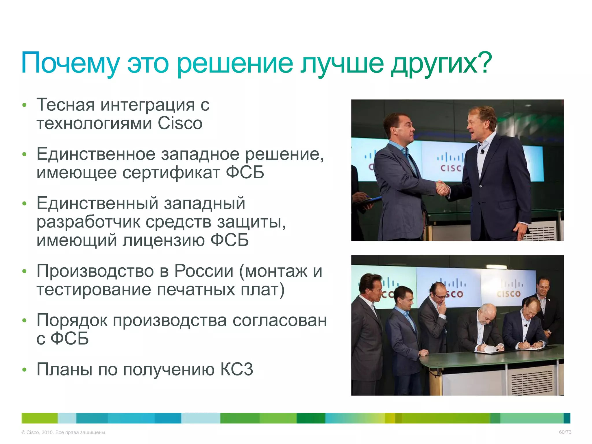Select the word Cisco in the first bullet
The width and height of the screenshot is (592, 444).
coord(180,123)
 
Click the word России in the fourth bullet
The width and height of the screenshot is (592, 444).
coord(204,271)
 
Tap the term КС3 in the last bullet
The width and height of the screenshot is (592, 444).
coord(237,369)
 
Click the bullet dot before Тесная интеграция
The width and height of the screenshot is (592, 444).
coord(25,105)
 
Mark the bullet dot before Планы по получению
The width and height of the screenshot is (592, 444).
coord(25,369)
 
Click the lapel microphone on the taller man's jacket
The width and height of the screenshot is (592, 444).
coord(482,151)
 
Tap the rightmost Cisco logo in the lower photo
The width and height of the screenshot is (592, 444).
coord(508,289)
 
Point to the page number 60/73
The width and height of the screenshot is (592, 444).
coord(565,432)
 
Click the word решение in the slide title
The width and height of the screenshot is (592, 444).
coord(235,63)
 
